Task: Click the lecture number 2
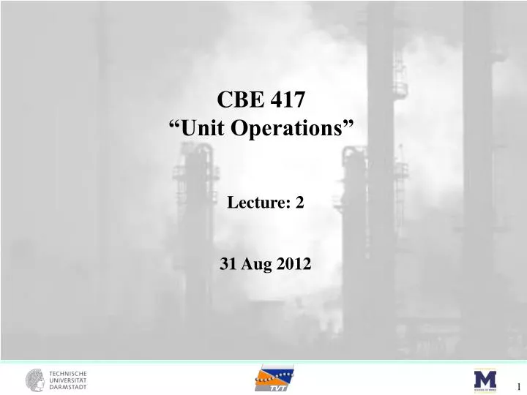[x=299, y=204]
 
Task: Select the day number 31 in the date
[x=228, y=265]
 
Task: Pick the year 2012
[x=294, y=265]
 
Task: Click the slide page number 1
[x=518, y=387]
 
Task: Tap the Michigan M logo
[x=485, y=380]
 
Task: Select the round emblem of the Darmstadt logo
[x=34, y=380]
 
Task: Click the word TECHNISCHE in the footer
[x=68, y=373]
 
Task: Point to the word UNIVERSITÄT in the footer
[x=68, y=380]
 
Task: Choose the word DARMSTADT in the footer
[x=68, y=387]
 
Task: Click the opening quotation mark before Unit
[x=175, y=126]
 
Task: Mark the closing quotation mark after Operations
[x=349, y=126]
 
